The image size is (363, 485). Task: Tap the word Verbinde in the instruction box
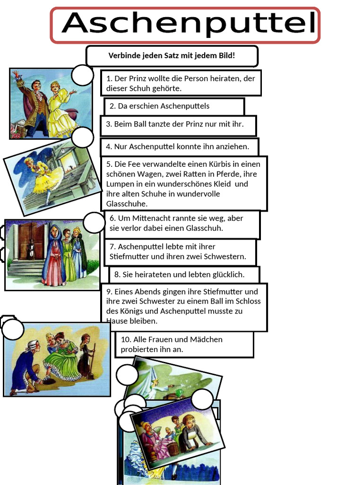[120, 56]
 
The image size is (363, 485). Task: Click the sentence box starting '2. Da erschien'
[174, 107]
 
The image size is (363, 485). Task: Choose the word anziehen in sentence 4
[233, 147]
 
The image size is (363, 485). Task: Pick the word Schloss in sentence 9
[248, 301]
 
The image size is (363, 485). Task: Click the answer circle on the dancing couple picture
[82, 75]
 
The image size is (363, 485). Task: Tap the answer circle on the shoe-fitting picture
[13, 329]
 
